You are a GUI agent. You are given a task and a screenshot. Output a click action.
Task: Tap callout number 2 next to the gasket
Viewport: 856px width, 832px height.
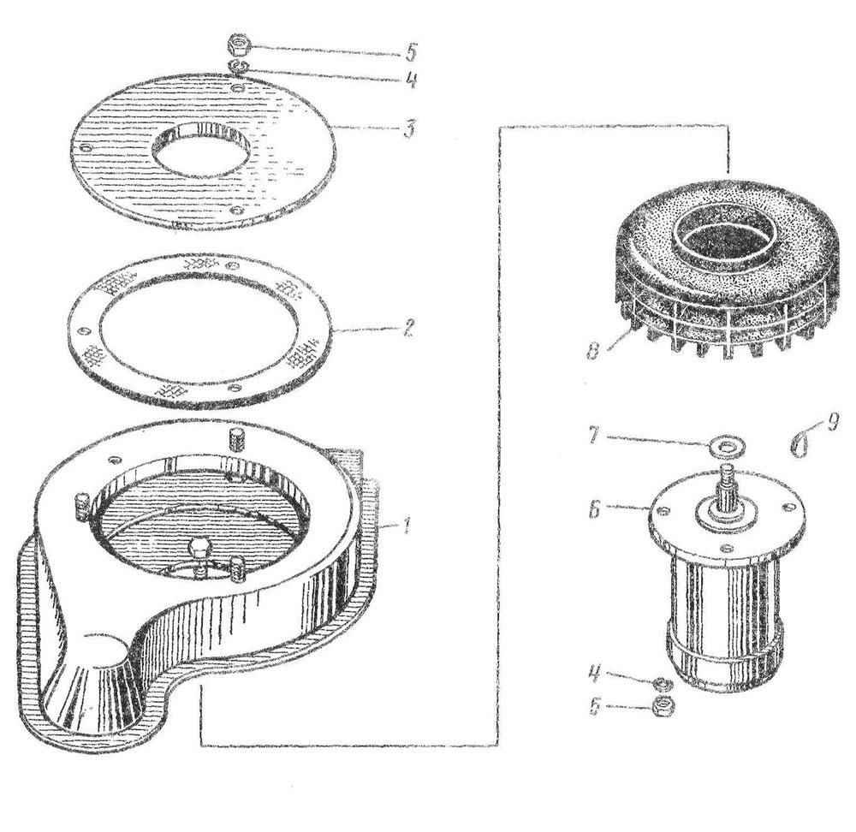(x=407, y=329)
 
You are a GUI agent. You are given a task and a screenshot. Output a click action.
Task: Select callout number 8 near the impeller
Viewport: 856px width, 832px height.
(x=593, y=349)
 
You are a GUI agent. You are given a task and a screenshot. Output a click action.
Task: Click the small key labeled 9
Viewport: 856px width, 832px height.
(x=800, y=441)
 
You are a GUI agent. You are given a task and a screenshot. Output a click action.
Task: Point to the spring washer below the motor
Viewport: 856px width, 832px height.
(x=663, y=684)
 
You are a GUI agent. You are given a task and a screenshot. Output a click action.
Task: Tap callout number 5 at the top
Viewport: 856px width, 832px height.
(x=409, y=52)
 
